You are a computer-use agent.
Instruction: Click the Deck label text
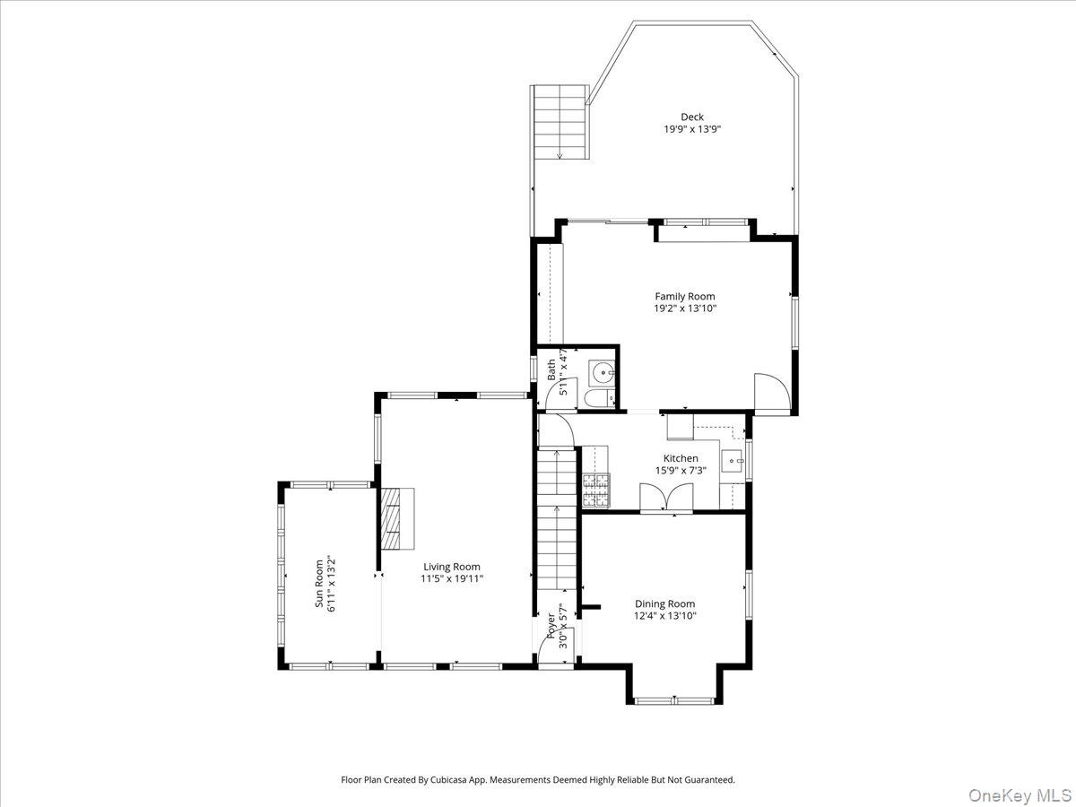691,117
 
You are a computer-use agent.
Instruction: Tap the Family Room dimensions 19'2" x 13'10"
685,308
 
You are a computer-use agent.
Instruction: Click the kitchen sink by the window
733,463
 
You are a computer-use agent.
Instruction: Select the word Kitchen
681,458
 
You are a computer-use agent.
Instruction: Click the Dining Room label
664,603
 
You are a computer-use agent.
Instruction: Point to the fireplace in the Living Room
395,518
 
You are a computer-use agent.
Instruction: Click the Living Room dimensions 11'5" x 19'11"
452,579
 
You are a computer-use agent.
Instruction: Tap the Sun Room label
318,585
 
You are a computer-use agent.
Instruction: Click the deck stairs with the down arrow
560,122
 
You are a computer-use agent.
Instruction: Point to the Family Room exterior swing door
771,393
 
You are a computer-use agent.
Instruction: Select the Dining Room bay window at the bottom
673,699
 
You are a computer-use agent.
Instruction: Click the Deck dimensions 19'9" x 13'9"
691,129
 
